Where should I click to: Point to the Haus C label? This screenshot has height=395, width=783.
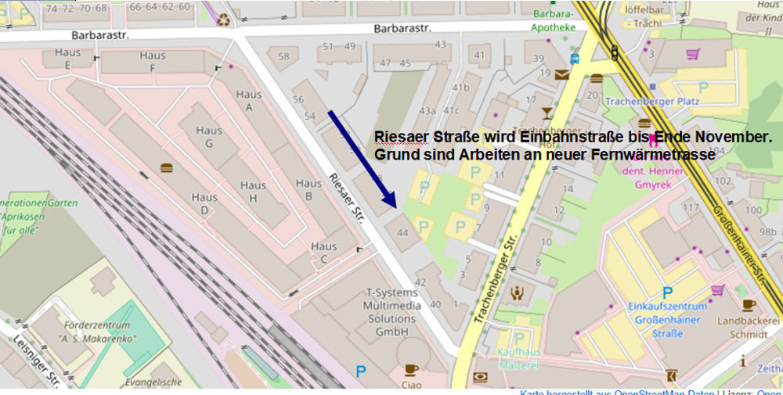pos(323,252)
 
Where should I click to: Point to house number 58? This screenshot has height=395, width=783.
pos(283,56)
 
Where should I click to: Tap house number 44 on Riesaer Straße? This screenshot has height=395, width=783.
pos(403,232)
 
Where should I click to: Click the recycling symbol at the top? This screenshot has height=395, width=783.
pos(225,20)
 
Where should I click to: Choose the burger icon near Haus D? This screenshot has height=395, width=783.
pos(166,167)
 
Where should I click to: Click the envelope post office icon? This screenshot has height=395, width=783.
pos(562,75)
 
